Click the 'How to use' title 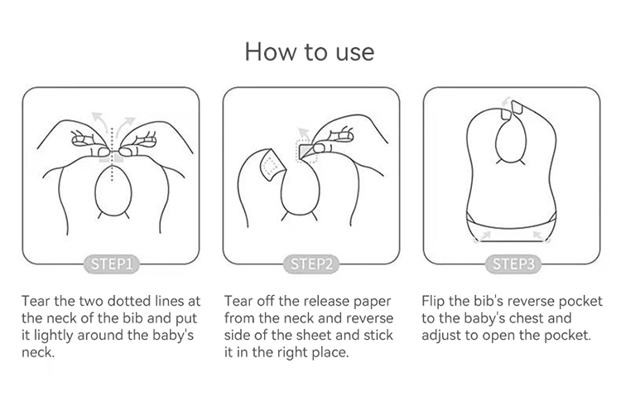coord(310,52)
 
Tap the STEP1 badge coord(111,264)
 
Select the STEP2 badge coord(311,264)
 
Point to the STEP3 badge coord(513,264)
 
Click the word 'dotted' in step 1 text coord(128,301)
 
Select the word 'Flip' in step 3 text coord(431,301)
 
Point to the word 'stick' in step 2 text coord(378,335)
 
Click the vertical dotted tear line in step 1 coord(112,155)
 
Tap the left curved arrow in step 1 coord(99,121)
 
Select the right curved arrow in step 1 coord(127,123)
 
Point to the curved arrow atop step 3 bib coord(506,101)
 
